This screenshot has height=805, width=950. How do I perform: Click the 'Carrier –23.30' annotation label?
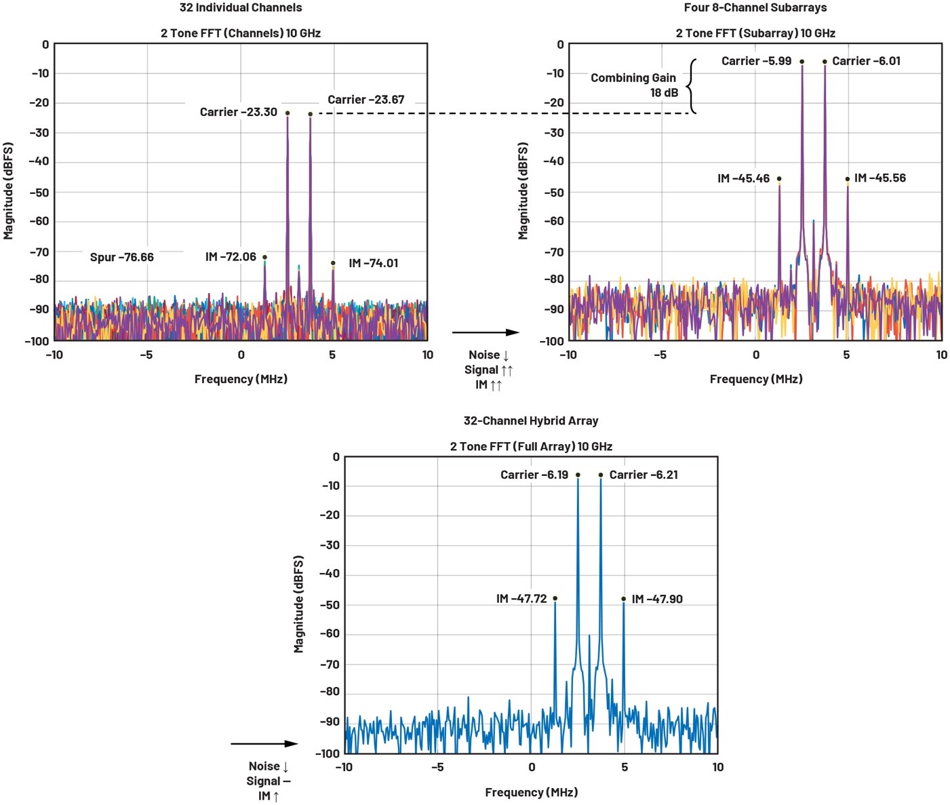point(238,112)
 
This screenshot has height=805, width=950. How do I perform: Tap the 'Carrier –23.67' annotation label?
point(365,100)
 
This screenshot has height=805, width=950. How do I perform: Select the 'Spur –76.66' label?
point(121,257)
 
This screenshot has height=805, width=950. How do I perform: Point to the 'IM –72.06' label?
point(231,256)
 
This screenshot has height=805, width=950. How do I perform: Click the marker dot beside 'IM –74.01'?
point(333,263)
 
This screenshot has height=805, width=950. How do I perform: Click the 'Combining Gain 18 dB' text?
point(633,85)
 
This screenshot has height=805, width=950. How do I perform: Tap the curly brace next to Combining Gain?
point(691,86)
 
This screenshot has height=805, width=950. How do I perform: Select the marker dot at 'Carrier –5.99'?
point(801,62)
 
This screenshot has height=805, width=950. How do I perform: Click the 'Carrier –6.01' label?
point(866,61)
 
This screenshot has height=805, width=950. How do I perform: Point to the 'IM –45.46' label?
point(743,178)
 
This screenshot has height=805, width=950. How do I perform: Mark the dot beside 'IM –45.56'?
point(848,179)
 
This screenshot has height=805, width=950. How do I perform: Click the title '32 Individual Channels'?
point(241,7)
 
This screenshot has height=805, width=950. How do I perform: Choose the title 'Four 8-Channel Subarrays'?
point(755,7)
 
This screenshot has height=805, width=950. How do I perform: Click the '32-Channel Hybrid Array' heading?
point(531,420)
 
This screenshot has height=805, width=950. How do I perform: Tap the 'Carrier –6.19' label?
point(534,475)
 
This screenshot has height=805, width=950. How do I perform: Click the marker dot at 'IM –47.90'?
point(624,599)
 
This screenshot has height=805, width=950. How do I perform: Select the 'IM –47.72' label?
point(521,599)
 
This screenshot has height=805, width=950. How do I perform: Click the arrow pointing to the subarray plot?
point(486,332)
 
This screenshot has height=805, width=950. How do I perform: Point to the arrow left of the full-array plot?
point(264,744)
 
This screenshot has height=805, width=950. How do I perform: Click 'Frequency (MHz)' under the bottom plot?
point(531,792)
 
